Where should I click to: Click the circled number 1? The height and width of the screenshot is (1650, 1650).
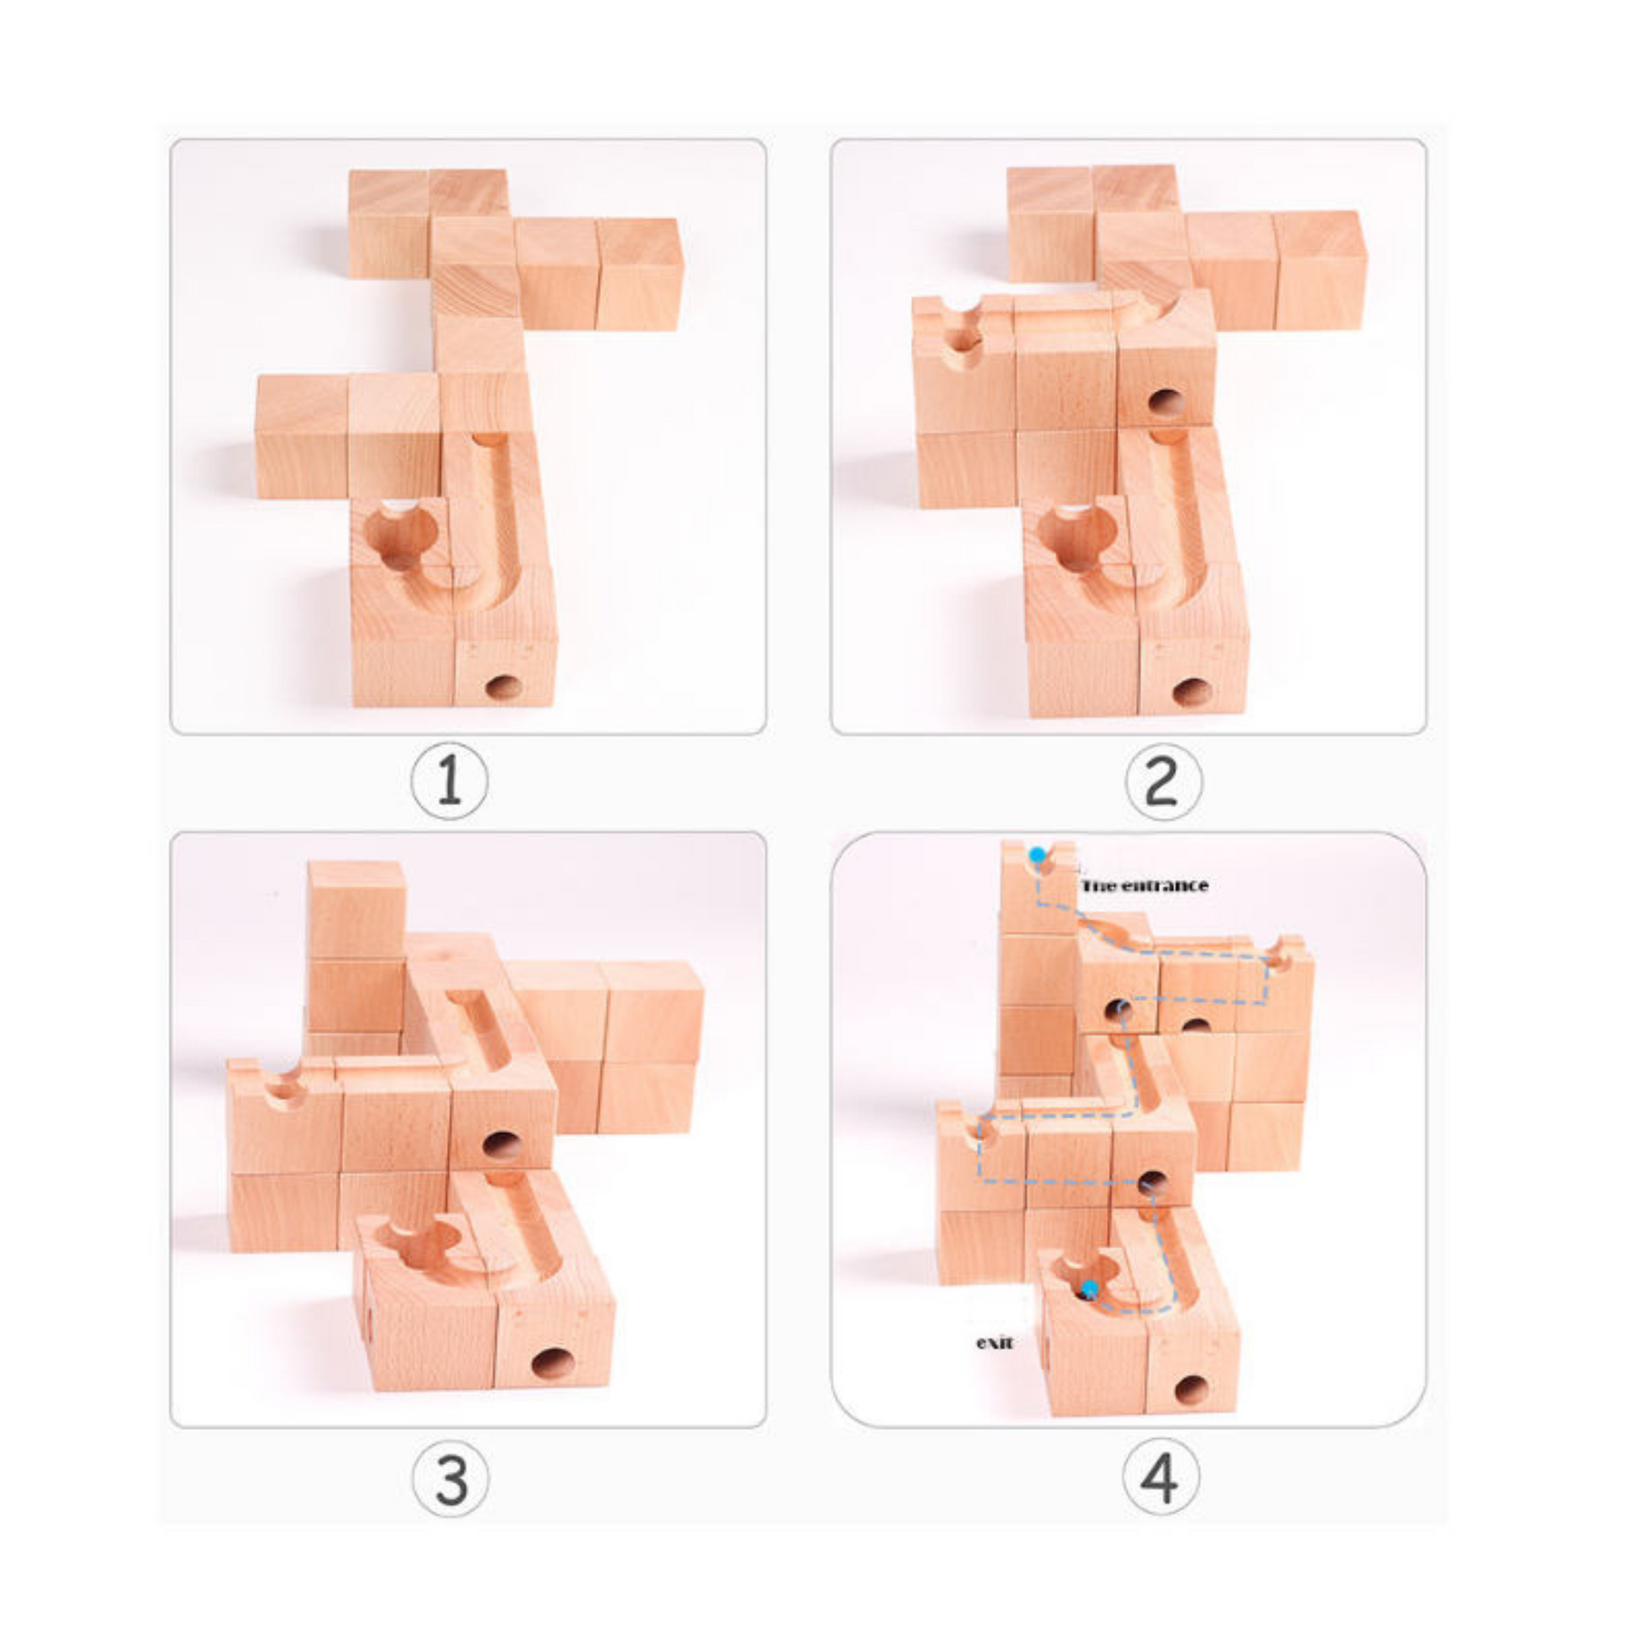449,783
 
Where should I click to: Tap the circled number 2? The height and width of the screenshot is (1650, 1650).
1163,783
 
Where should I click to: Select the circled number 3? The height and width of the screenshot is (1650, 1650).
450,1479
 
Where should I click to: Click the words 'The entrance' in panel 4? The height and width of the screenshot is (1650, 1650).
1145,886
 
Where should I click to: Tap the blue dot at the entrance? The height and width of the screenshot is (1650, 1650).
1037,855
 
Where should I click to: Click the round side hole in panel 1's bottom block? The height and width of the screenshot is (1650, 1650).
504,688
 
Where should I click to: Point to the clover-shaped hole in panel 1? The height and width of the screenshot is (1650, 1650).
399,538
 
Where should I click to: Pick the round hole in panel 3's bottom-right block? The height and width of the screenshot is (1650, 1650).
553,1364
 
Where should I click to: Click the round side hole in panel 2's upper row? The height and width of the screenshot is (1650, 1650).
1166,401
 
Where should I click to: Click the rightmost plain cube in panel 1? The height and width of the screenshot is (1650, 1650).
639,273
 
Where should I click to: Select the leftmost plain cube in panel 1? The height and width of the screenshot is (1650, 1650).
303,436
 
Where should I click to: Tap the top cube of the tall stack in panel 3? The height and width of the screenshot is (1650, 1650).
355,911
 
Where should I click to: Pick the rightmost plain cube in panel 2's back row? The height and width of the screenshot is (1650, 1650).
1320,270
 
